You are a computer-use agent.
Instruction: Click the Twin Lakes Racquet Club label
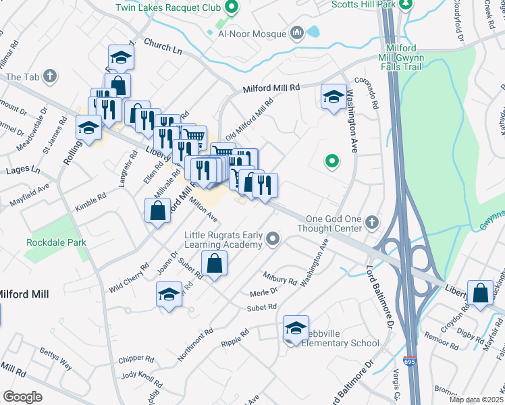pos(168,7)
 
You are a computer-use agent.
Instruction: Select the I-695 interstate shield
pos(410,362)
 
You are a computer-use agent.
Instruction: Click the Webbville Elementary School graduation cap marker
pos(296,328)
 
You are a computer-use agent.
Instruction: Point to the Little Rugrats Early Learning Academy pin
pos(273,238)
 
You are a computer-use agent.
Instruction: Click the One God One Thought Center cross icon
pos(371,222)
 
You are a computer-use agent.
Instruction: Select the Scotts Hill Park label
pos(363,4)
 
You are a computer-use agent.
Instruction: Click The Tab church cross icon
pos(49,76)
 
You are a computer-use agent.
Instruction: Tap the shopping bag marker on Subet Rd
pos(214,265)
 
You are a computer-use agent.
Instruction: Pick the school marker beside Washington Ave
pos(333,97)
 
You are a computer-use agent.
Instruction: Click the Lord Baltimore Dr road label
pos(379,297)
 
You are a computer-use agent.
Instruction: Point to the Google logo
pos(22,396)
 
